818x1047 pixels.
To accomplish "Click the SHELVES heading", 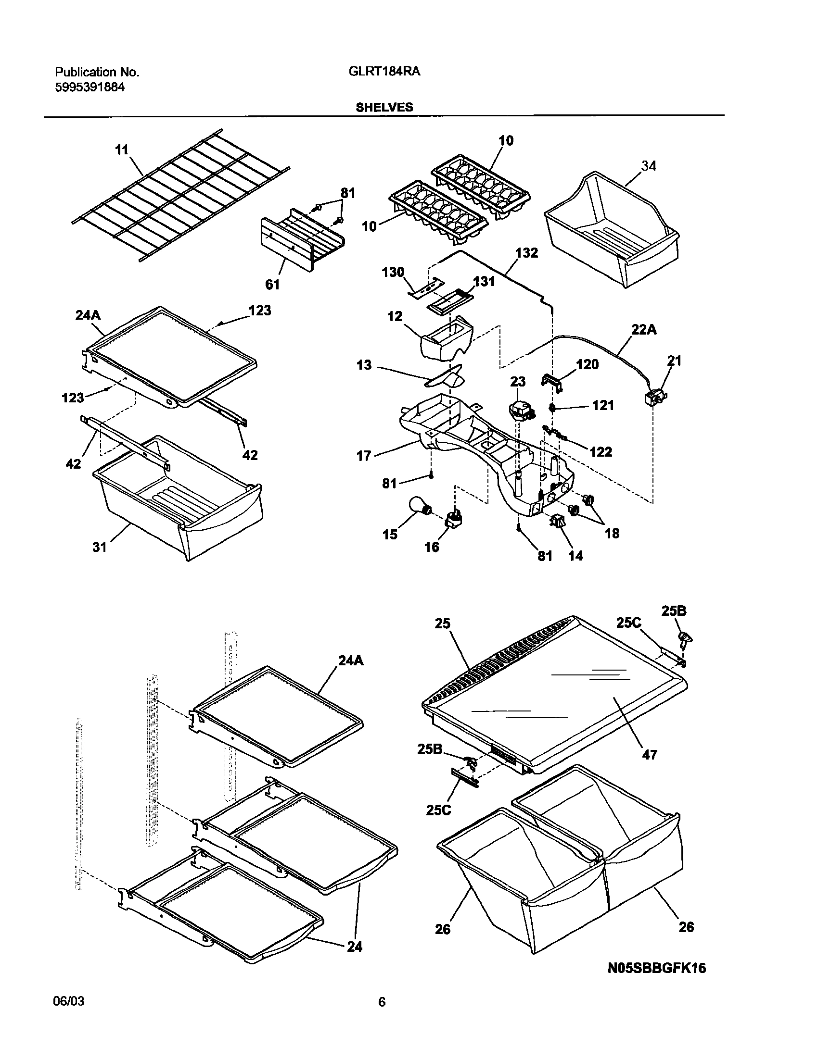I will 384,107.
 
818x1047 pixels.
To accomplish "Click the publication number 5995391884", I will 90,87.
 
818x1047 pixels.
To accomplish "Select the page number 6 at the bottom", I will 382,1015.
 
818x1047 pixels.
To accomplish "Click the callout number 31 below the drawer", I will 99,547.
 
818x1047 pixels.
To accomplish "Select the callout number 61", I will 272,285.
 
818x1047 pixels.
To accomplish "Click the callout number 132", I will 526,253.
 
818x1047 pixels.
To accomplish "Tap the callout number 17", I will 364,455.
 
